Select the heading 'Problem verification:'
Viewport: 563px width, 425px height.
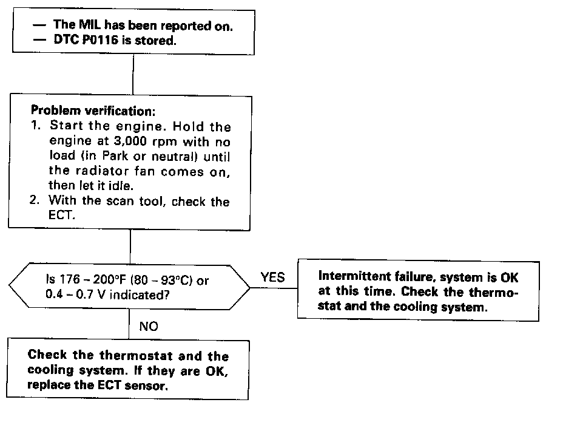84,112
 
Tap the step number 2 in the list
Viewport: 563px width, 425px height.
34,202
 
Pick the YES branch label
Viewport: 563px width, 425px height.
272,277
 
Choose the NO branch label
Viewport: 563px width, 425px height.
149,326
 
